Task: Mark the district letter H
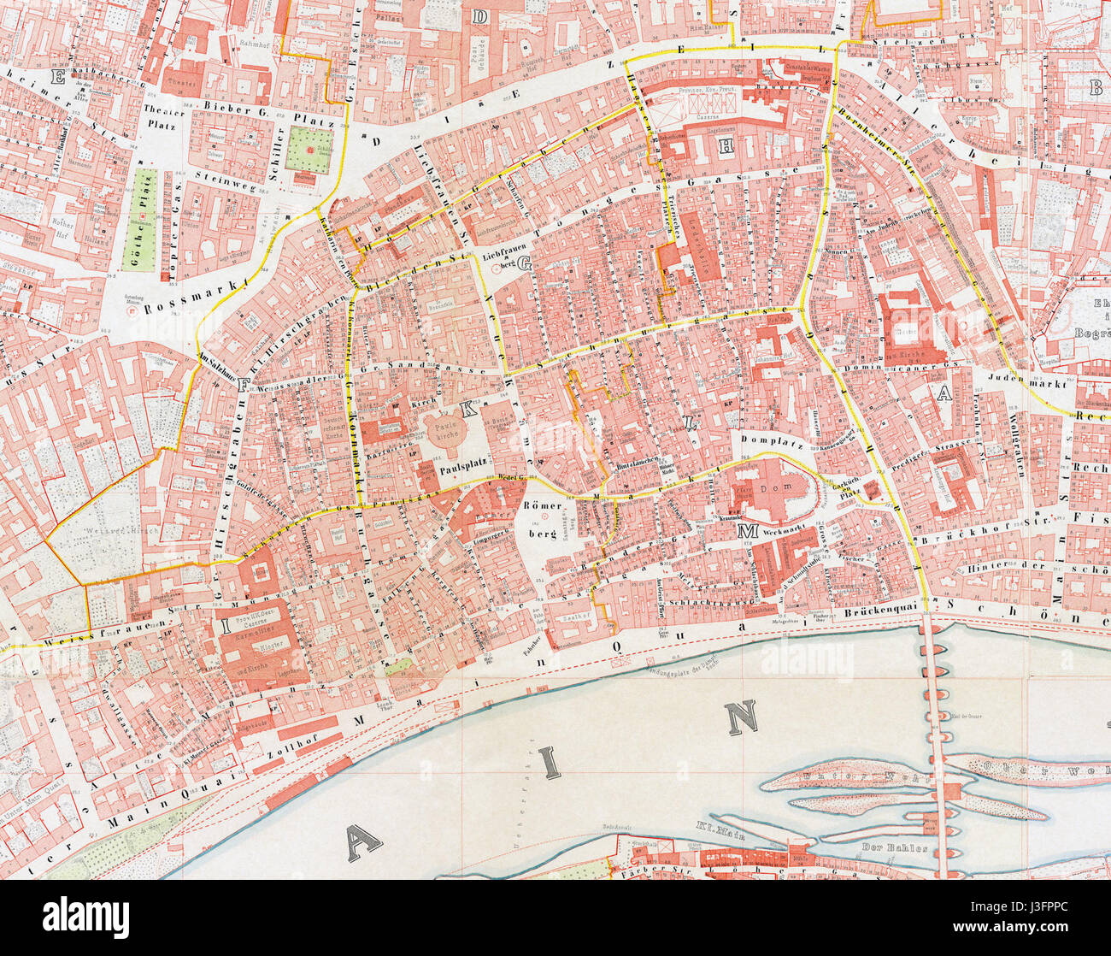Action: (726, 147)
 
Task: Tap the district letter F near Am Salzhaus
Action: (244, 385)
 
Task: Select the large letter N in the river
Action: (741, 718)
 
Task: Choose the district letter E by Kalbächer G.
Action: (59, 79)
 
